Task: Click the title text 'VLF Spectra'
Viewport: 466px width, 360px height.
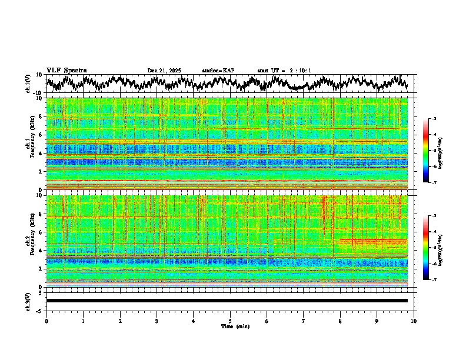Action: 66,70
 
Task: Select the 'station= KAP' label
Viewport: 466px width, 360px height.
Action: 218,71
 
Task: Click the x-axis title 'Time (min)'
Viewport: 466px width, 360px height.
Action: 230,326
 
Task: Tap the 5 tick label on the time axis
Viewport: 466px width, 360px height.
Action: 230,321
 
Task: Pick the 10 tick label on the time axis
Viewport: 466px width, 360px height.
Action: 414,321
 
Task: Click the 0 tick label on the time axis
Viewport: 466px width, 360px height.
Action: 46,321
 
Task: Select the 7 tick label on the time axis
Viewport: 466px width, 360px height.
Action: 304,321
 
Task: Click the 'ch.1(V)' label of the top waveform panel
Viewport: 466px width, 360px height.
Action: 28,84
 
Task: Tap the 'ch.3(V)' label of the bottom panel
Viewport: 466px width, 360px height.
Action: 28,301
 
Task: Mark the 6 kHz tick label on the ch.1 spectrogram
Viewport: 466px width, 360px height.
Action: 41,135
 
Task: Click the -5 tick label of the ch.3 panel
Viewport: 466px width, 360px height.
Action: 41,310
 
